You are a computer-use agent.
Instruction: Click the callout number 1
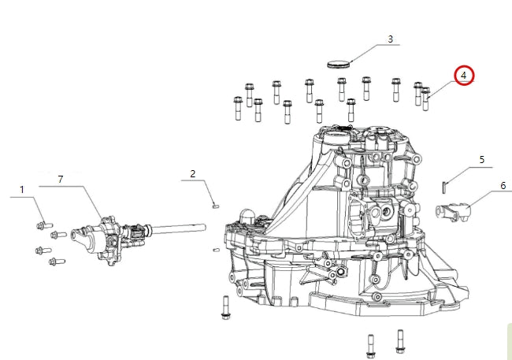(22, 190)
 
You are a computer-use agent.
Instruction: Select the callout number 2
(192, 173)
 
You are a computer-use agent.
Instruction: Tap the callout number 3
(389, 39)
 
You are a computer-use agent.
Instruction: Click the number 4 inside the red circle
(464, 76)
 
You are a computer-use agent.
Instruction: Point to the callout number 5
(481, 160)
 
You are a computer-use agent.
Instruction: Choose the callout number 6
(502, 186)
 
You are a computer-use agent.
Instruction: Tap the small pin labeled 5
(444, 185)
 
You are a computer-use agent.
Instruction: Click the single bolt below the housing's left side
(225, 307)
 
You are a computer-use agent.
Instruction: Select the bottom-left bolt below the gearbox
(370, 344)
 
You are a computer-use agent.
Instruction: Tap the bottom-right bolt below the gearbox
(400, 340)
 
